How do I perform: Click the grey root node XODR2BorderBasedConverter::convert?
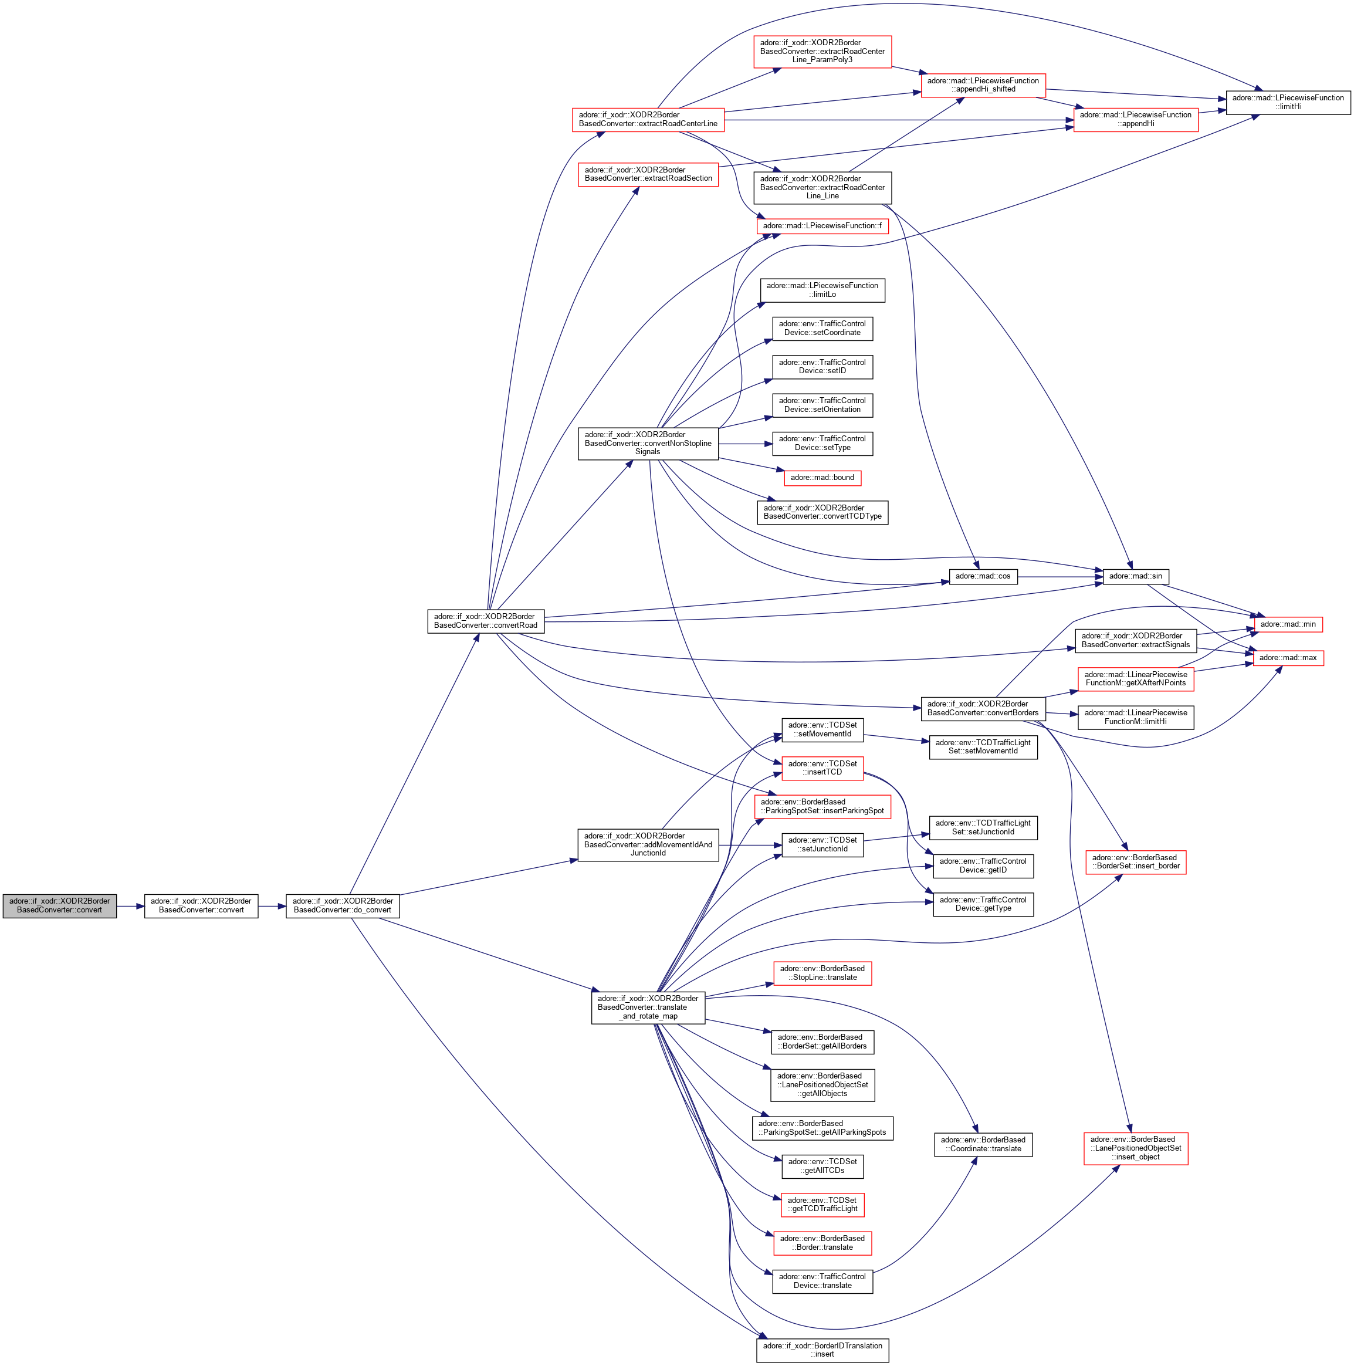[59, 906]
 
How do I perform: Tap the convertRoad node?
[486, 621]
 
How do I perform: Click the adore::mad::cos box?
[983, 576]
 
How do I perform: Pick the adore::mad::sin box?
[1136, 576]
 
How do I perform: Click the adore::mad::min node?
[1288, 624]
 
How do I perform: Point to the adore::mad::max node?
[1288, 658]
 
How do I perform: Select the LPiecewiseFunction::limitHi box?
[1288, 103]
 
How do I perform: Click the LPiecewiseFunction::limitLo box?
[822, 290]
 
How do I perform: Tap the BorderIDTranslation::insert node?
[822, 1350]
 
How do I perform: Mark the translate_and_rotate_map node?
[648, 1007]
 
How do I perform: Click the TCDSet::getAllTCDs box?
[822, 1166]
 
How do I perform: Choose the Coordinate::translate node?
[983, 1144]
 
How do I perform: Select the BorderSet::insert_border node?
[1136, 862]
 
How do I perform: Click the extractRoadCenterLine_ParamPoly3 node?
[822, 52]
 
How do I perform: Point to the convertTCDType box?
[822, 512]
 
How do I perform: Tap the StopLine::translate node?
[822, 973]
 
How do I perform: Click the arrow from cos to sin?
[1060, 577]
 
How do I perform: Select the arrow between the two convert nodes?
[130, 906]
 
